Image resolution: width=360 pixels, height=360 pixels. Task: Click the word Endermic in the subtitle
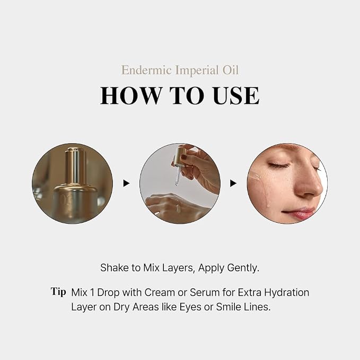tap(146, 70)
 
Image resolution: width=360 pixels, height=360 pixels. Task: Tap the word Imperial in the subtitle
tap(197, 71)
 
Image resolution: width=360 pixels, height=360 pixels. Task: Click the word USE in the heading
tap(236, 95)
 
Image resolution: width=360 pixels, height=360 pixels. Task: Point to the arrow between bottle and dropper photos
tap(126, 183)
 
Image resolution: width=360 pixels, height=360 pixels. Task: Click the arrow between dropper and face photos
tap(233, 183)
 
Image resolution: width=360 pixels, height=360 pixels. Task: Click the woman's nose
tap(309, 183)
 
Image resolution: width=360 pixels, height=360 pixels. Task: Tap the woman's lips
tap(298, 213)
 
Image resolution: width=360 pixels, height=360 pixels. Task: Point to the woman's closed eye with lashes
tap(279, 165)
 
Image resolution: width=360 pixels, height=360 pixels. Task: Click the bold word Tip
tap(58, 292)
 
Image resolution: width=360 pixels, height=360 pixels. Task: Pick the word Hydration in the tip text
tap(286, 293)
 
